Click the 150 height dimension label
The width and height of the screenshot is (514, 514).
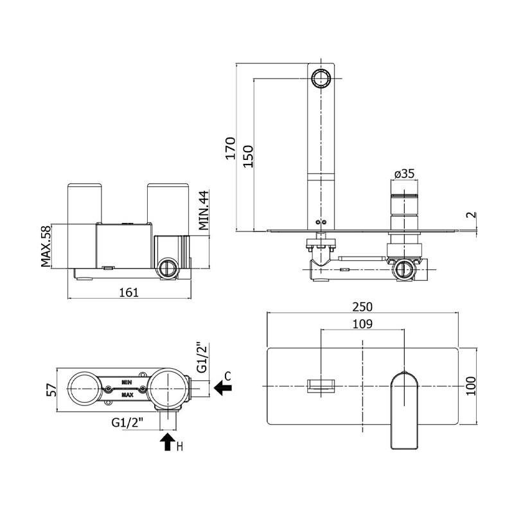pos(249,156)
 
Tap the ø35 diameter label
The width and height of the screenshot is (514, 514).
pos(405,173)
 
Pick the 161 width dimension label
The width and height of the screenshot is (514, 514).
pos(129,292)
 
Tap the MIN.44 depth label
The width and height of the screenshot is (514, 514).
pos(204,209)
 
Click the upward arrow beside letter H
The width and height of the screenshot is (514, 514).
pos(168,441)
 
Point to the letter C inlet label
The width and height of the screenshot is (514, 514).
pos(227,375)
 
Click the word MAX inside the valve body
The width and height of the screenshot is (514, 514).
pos(128,394)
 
